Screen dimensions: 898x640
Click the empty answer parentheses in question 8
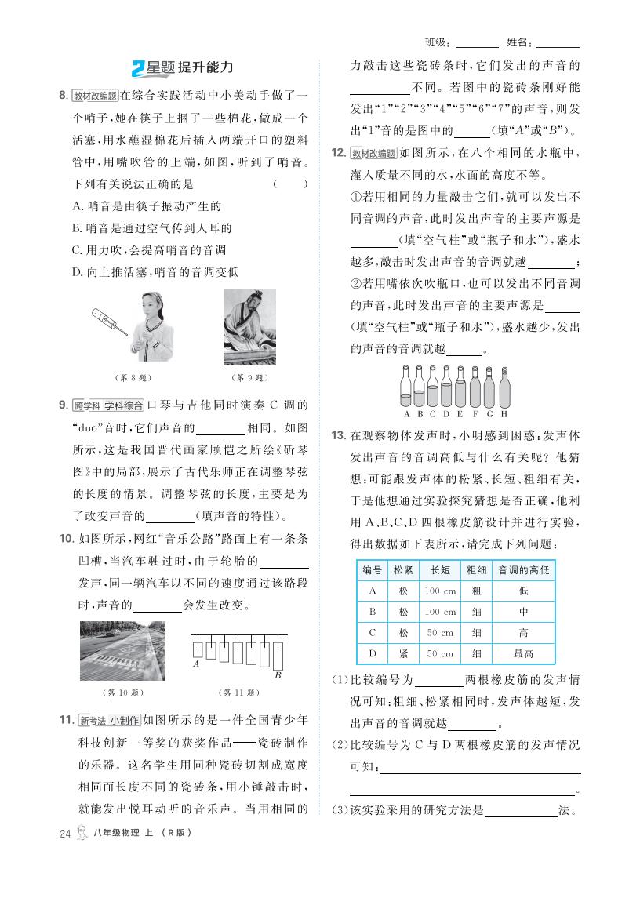(x=290, y=184)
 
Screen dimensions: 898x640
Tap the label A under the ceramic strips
(x=196, y=664)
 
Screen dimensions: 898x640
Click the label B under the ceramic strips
(x=277, y=674)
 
